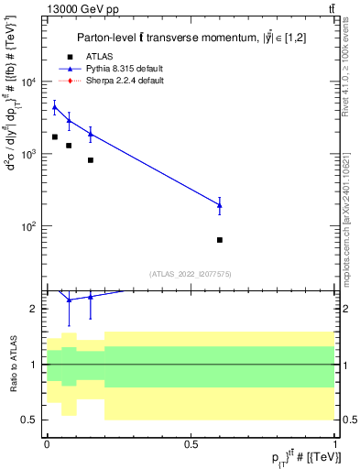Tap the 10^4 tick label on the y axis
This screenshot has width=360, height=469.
28,82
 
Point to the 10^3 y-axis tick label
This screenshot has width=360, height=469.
28,154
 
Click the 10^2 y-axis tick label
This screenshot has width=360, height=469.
28,225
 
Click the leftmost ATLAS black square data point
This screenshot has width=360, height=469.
54,137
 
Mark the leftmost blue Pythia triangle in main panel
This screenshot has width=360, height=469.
54,107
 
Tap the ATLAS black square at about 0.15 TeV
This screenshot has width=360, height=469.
90,160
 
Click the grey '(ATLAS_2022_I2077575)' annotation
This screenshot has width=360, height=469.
191,273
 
